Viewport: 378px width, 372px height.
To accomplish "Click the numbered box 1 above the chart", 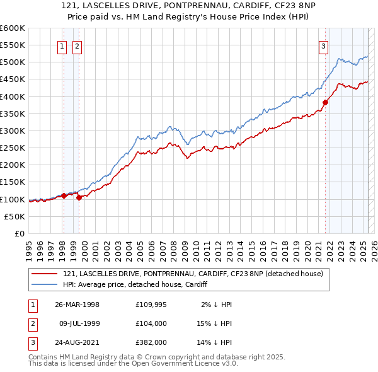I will coord(63,45).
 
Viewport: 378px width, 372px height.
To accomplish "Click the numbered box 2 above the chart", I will coord(76,45).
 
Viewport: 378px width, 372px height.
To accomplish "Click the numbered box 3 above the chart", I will coord(323,45).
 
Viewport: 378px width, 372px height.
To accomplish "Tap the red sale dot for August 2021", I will coord(326,102).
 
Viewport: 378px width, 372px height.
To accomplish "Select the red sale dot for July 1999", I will coord(79,197).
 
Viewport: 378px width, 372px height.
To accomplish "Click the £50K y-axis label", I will coord(15,216).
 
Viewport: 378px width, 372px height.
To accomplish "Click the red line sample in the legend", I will coord(44,273).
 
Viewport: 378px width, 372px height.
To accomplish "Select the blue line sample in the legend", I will coord(44,284).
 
